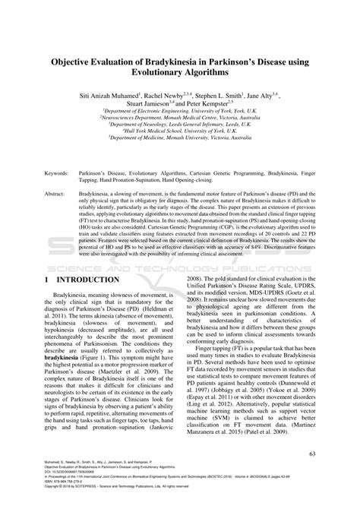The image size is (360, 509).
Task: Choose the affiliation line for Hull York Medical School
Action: coord(179,131)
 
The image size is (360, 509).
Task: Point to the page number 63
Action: coord(310,454)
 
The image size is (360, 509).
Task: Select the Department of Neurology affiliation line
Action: coord(179,124)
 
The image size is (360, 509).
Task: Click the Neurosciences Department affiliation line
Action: coord(179,117)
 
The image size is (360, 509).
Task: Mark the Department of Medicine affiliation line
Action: coord(179,139)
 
